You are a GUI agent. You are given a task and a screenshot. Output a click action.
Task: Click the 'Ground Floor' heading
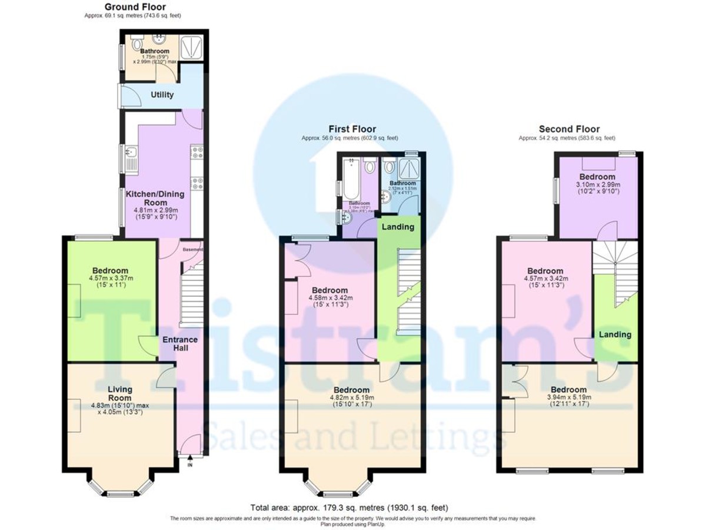pyautogui.click(x=132, y=7)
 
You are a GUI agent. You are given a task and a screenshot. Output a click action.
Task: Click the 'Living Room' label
pyautogui.click(x=119, y=393)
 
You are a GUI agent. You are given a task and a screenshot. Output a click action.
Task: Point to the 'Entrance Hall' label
pyautogui.click(x=180, y=344)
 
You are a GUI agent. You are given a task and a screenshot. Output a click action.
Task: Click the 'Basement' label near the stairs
pyautogui.click(x=192, y=250)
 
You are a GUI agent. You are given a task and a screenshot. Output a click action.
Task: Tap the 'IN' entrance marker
pyautogui.click(x=190, y=465)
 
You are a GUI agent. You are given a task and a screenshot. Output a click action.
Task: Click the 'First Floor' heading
pyautogui.click(x=352, y=129)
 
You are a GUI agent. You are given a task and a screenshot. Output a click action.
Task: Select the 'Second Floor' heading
pyautogui.click(x=569, y=129)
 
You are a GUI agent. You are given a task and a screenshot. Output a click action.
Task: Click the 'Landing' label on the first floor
pyautogui.click(x=398, y=227)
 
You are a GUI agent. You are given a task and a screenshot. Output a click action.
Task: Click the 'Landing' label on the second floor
pyautogui.click(x=615, y=334)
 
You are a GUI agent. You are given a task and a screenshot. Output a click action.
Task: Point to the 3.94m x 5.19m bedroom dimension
pyautogui.click(x=568, y=401)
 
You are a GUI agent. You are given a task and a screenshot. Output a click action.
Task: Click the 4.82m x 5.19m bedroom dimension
pyautogui.click(x=352, y=401)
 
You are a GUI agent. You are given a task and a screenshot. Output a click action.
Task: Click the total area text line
pyautogui.click(x=352, y=507)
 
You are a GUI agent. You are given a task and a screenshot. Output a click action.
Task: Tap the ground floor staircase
pyautogui.click(x=191, y=294)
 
